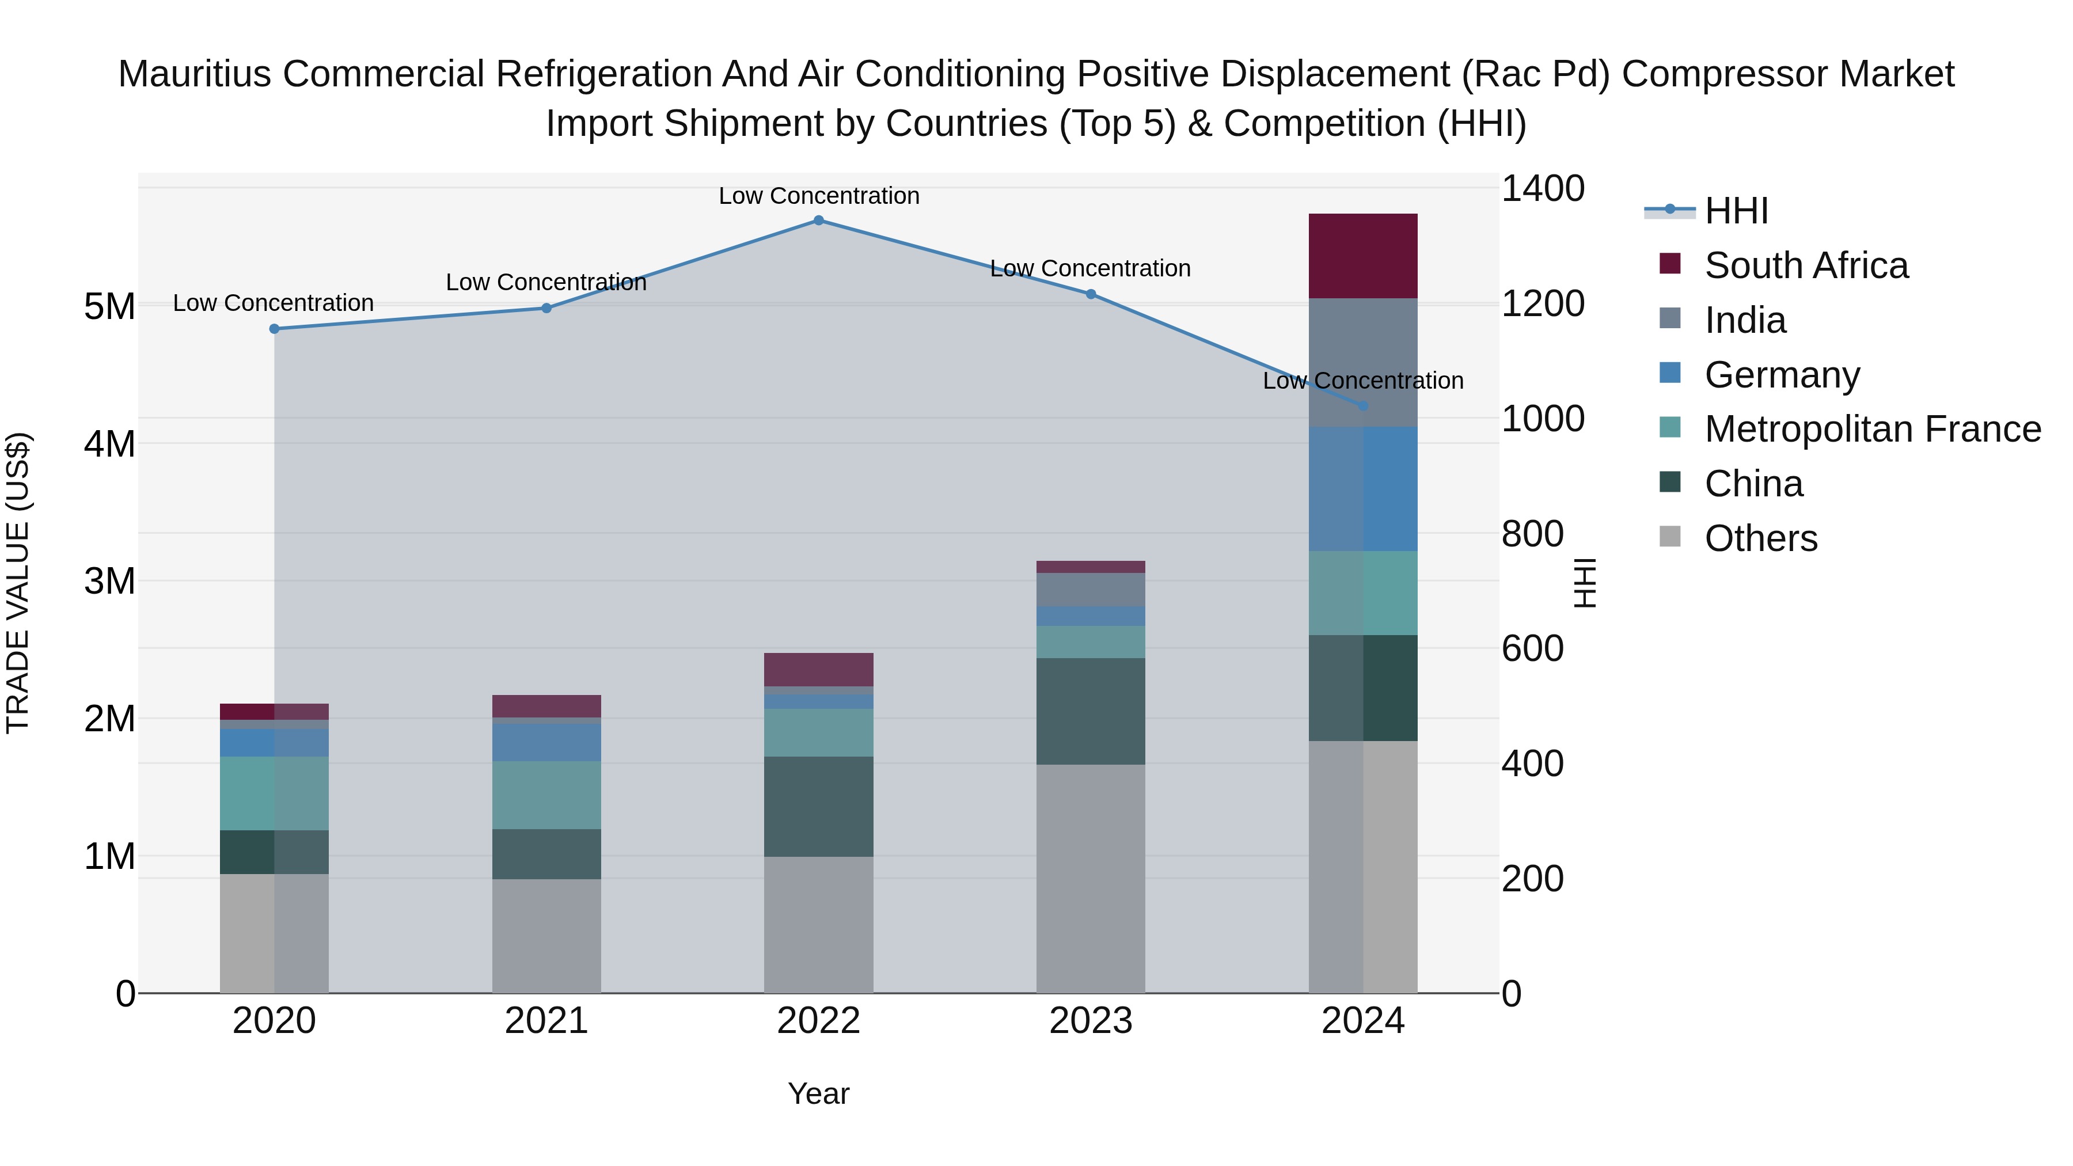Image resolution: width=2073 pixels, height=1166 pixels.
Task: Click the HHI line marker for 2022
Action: tap(818, 221)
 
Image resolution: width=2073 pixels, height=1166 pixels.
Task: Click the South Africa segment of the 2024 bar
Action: tap(1363, 256)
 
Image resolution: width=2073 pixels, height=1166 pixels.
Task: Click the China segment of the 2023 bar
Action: tap(1091, 711)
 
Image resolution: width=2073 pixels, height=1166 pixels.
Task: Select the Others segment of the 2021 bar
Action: tap(546, 936)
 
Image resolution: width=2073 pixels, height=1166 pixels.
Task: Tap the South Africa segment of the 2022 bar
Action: tap(818, 670)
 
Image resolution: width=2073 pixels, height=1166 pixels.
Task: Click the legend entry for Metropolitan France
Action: tap(1873, 430)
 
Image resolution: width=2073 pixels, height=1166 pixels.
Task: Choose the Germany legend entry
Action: tap(1782, 375)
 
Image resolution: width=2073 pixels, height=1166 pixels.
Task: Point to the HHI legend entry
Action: tap(1736, 211)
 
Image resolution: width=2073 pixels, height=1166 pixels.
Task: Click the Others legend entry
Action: tap(1761, 538)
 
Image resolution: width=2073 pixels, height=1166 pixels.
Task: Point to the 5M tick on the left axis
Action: tap(109, 306)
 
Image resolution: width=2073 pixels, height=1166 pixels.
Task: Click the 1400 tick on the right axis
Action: tap(1543, 189)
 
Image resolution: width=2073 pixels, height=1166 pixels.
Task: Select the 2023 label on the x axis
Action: tap(1091, 1021)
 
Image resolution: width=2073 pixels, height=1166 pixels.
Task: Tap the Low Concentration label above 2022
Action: tap(818, 196)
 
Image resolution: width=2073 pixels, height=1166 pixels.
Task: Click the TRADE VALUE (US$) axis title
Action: tap(18, 583)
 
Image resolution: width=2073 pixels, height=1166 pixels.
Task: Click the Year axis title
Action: tap(818, 1093)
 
